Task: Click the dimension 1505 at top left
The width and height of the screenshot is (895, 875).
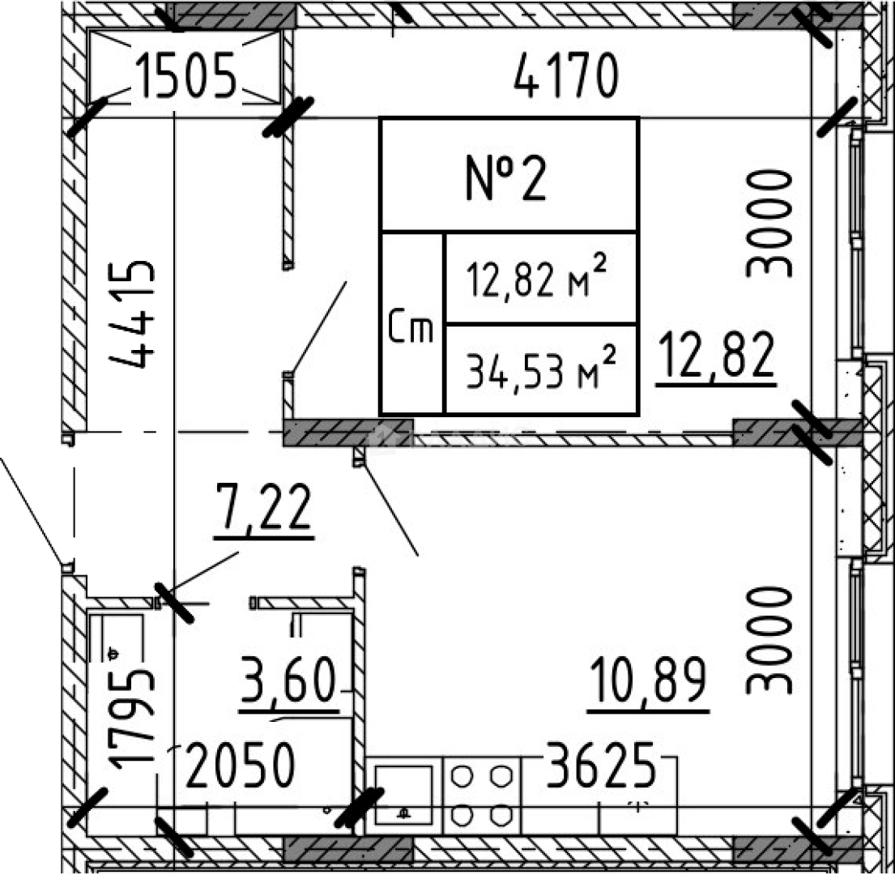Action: click(x=186, y=75)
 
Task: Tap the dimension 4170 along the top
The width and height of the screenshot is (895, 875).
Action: click(x=566, y=75)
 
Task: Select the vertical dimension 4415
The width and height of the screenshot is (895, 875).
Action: click(x=132, y=314)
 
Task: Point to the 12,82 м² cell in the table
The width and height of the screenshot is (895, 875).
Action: click(x=539, y=278)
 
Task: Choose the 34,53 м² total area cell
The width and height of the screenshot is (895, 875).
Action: click(x=539, y=369)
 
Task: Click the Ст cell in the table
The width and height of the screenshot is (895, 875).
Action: click(x=411, y=323)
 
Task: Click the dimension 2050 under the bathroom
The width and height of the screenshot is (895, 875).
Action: click(x=241, y=765)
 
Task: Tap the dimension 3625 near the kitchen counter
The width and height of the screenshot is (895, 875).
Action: click(x=600, y=765)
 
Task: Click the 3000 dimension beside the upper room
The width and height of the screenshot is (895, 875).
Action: click(x=769, y=224)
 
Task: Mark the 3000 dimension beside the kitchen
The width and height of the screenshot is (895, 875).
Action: click(x=769, y=641)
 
